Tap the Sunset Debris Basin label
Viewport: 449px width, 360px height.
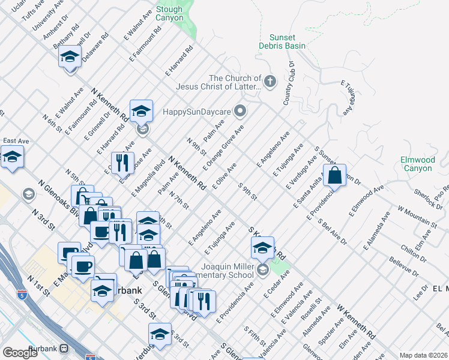(x=282, y=41)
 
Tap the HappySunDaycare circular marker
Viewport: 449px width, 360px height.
(x=241, y=111)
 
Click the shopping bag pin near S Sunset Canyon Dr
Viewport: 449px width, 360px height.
(x=335, y=175)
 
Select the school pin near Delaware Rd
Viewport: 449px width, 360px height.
(x=70, y=58)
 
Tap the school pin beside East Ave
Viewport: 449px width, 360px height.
(x=12, y=158)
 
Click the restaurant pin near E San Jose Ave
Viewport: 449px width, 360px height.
(x=122, y=161)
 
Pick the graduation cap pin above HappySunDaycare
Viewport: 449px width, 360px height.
(x=141, y=110)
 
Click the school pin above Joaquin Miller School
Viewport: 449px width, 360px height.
(x=262, y=247)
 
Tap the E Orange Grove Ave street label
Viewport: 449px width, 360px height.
(x=223, y=147)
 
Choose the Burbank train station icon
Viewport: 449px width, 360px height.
(x=64, y=348)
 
